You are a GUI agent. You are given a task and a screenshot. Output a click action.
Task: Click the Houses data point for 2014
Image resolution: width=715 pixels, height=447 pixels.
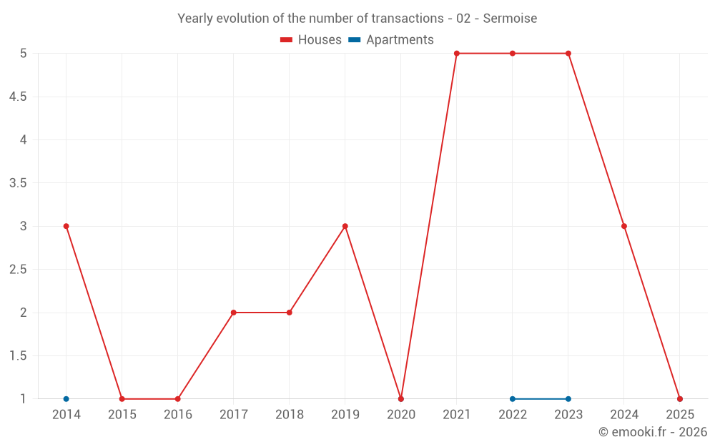click(x=66, y=226)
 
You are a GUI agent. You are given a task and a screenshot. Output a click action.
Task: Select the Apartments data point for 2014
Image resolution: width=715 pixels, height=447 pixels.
click(x=66, y=399)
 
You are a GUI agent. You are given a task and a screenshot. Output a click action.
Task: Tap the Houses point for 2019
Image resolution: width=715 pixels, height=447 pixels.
click(x=345, y=226)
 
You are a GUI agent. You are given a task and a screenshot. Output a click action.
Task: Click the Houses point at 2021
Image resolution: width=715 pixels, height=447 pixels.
click(x=457, y=53)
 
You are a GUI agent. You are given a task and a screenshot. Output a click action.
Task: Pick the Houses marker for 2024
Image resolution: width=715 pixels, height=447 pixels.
click(x=624, y=226)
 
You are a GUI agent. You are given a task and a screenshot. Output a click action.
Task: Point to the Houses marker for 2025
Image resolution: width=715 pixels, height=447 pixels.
click(x=680, y=399)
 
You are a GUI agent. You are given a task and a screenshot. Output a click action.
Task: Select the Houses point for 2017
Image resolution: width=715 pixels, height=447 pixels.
click(x=234, y=313)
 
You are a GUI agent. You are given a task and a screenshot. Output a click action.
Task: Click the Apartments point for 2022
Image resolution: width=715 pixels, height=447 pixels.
click(x=513, y=399)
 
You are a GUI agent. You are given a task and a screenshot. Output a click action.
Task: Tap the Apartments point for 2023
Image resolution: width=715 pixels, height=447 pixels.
click(x=568, y=399)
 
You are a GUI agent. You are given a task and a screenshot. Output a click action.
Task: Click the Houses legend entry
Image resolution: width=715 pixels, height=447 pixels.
click(x=311, y=40)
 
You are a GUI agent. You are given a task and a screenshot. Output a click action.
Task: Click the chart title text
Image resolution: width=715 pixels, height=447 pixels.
click(x=357, y=19)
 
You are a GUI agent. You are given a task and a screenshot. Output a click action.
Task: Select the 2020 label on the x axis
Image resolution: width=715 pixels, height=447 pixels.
click(x=401, y=415)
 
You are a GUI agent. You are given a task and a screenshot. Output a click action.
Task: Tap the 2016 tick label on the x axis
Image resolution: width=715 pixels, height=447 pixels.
click(x=178, y=415)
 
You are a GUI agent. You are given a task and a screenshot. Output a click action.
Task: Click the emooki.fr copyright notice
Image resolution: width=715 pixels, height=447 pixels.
click(x=652, y=432)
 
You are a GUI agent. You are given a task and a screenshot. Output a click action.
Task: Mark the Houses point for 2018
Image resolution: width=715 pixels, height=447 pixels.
click(x=290, y=313)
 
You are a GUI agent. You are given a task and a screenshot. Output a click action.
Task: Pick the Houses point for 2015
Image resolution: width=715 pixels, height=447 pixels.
click(x=122, y=399)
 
